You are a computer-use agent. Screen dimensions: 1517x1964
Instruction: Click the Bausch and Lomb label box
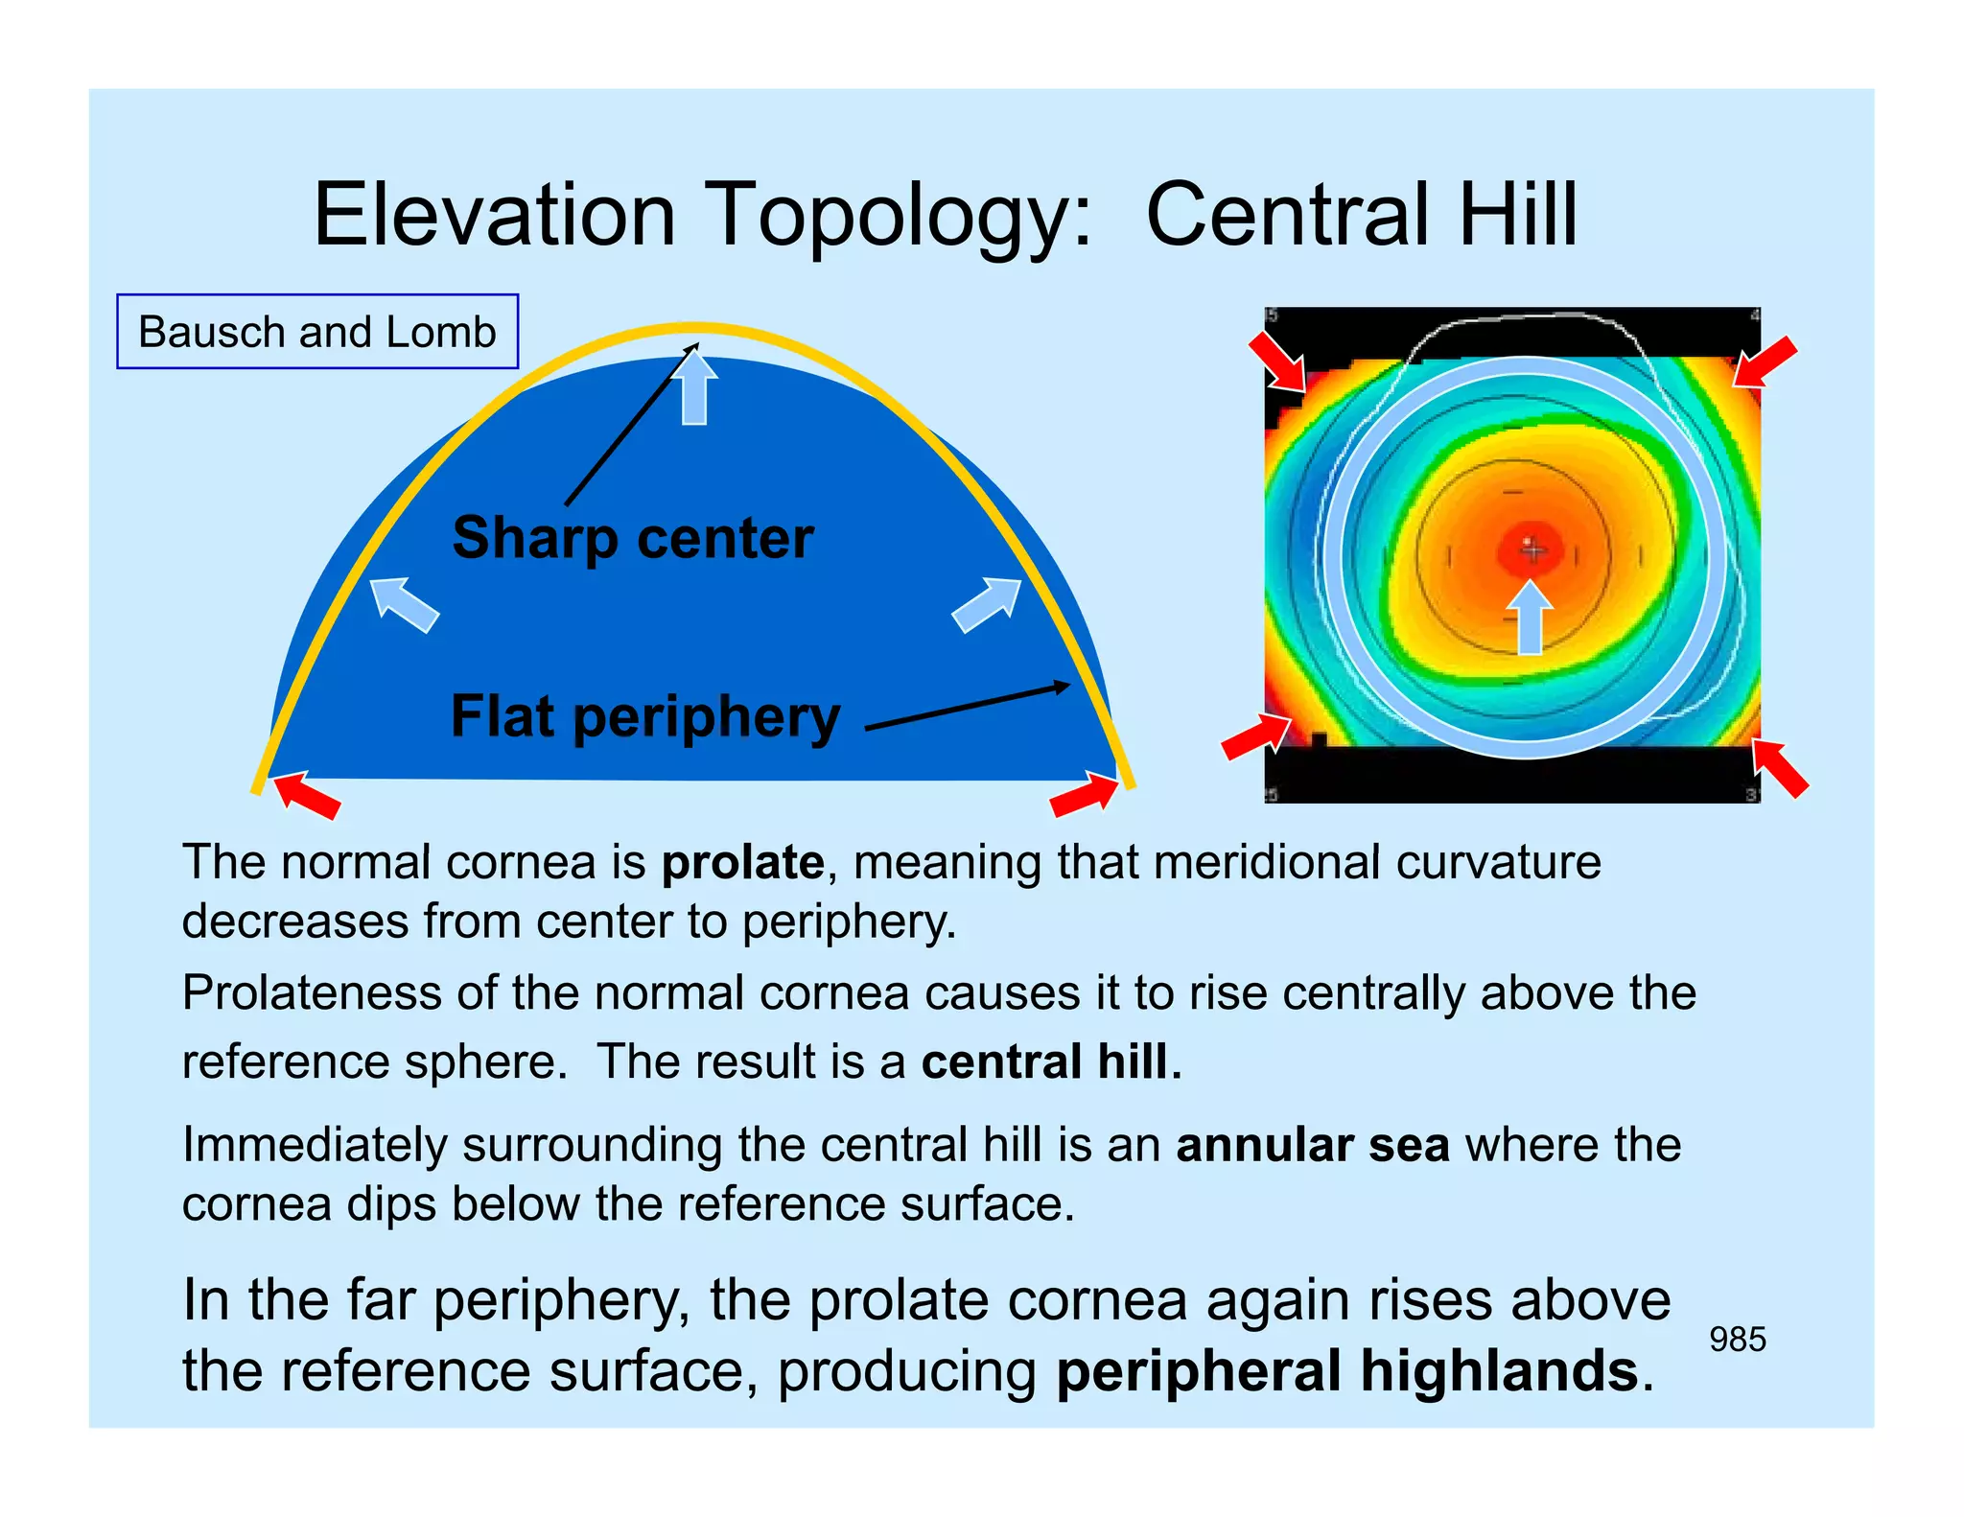(x=317, y=332)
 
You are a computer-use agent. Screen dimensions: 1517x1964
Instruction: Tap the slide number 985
(x=1737, y=1340)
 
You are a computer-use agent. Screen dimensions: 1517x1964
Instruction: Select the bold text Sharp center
(x=633, y=538)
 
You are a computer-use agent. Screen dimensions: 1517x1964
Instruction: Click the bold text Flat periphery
(x=645, y=716)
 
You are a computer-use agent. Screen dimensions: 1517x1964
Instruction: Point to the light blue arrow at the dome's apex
(x=694, y=389)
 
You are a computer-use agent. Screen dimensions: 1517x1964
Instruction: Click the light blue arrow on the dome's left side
(x=404, y=604)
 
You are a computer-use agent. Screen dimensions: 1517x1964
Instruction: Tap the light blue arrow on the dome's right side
(x=987, y=604)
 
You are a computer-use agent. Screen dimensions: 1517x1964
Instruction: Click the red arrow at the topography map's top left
(x=1278, y=362)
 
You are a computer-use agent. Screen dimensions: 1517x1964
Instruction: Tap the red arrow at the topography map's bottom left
(x=1255, y=736)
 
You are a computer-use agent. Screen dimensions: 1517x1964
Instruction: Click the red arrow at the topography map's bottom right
(x=1780, y=767)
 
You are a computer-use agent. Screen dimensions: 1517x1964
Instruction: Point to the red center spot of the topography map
(x=1531, y=549)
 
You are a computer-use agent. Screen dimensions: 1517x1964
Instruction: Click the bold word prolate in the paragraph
(x=742, y=862)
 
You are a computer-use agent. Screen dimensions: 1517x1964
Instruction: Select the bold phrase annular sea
(x=1312, y=1145)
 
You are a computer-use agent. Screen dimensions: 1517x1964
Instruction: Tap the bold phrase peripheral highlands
(x=1346, y=1371)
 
